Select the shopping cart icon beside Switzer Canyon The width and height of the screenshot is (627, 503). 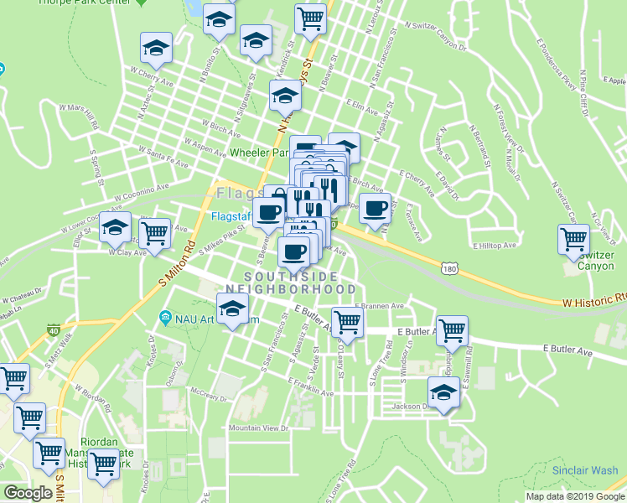point(573,239)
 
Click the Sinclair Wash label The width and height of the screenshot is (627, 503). point(585,470)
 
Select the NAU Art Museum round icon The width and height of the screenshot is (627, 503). point(164,319)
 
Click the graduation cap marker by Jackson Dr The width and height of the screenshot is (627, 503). point(443,392)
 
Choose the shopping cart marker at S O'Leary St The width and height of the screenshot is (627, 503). point(346,321)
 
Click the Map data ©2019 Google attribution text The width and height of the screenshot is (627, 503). point(575,496)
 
